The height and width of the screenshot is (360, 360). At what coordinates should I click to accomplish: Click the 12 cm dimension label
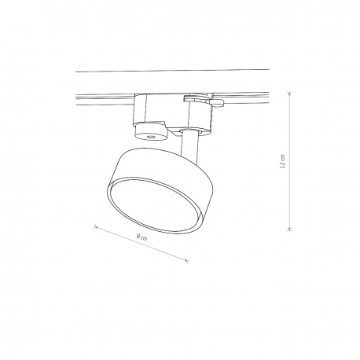pos(282,161)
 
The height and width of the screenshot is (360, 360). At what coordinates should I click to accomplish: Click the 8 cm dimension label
pos(141,237)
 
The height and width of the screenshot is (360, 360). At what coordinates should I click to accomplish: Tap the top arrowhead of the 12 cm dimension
pos(289,94)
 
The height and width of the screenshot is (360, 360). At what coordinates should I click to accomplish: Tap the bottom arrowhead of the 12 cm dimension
pos(289,230)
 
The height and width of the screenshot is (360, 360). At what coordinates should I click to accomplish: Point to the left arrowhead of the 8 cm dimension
pos(96,227)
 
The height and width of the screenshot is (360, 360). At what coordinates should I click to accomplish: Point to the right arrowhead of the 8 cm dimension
pos(186,260)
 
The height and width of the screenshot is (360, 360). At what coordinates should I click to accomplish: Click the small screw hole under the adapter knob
pos(151,137)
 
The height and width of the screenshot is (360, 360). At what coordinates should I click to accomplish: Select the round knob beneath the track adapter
pos(150,133)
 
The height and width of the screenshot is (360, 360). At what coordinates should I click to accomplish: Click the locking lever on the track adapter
pos(204,100)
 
